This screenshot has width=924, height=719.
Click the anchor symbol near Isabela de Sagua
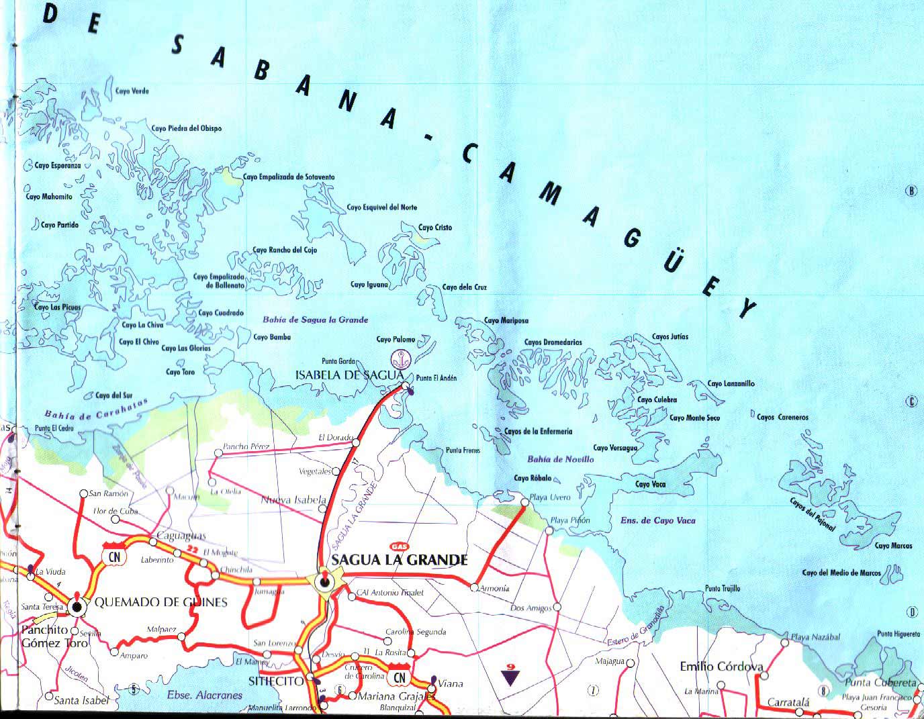coord(401,358)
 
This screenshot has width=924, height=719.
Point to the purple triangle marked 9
coord(510,675)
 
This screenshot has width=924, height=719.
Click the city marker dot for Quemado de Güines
coord(77,607)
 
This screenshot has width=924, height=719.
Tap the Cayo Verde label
coord(132,91)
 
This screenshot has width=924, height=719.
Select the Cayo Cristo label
coord(435,228)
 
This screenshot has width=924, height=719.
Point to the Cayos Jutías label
coord(669,337)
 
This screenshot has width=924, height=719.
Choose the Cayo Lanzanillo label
coord(731,384)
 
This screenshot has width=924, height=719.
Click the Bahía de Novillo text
coord(560,460)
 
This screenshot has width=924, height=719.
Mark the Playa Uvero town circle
coord(524,501)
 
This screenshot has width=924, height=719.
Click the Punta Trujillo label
coord(723,589)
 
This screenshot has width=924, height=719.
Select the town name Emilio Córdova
coord(721,667)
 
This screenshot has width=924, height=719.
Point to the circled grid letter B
coord(911,191)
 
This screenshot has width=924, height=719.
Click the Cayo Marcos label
coord(893,546)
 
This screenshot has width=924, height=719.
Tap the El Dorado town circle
coord(356,443)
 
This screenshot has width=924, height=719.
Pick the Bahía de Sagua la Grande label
coord(316,320)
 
